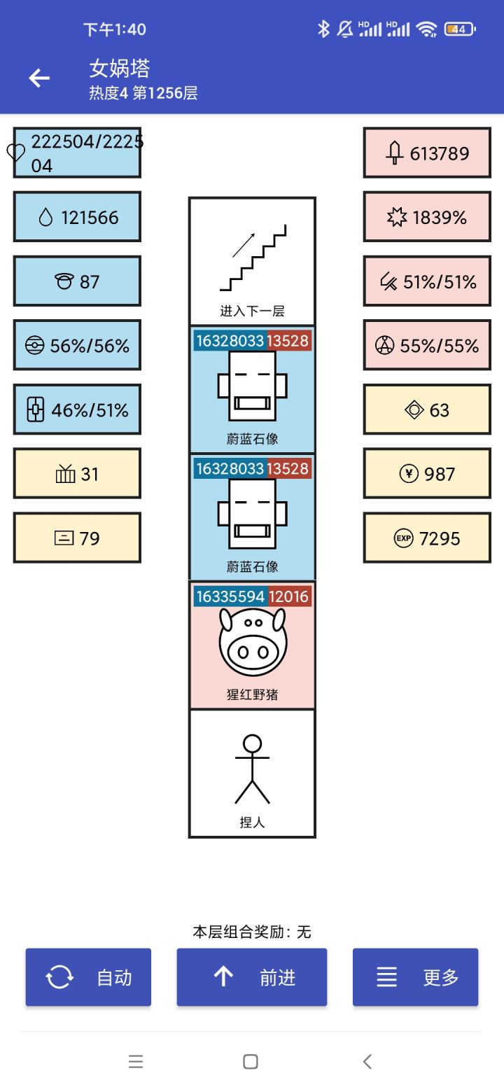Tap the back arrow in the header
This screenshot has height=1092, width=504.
click(39, 78)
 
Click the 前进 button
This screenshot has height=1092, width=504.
click(252, 977)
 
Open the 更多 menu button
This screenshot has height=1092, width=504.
click(415, 977)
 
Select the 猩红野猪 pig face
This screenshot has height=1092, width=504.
click(252, 642)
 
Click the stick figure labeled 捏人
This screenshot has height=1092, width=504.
click(252, 769)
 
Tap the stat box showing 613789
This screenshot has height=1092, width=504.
click(427, 153)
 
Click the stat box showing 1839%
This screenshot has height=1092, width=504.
click(427, 218)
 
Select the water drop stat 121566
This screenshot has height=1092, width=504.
click(77, 218)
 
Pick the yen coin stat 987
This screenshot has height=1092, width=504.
click(427, 474)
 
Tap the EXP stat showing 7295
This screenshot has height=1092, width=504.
click(427, 538)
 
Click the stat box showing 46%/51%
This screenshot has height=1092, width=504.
click(77, 410)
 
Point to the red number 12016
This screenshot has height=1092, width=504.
click(289, 596)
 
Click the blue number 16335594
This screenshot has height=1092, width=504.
click(230, 596)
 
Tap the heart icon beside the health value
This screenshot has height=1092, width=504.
click(16, 153)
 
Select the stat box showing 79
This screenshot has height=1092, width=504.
click(77, 538)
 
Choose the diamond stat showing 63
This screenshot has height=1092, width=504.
click(427, 410)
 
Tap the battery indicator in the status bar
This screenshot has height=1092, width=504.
click(459, 29)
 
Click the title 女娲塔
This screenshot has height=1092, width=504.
click(120, 69)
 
